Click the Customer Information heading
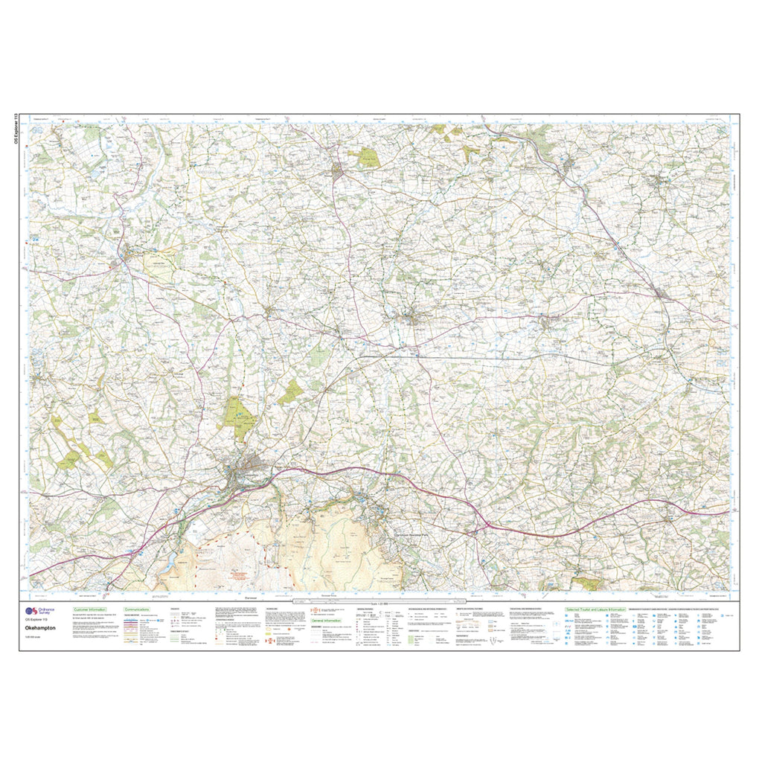[83, 608]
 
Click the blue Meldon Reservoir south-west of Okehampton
[168, 559]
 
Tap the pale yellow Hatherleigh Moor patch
[158, 264]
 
